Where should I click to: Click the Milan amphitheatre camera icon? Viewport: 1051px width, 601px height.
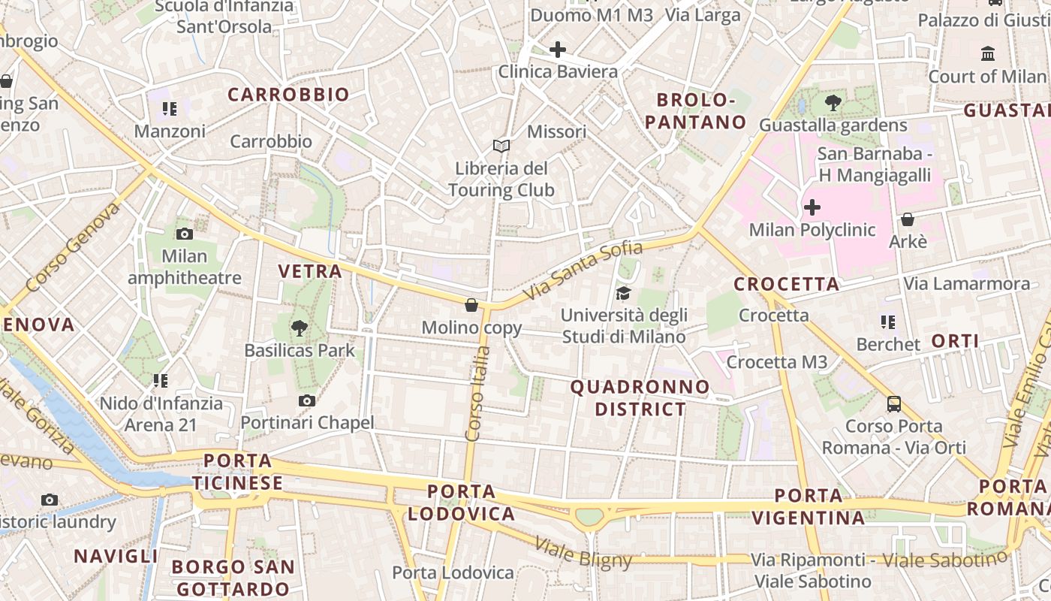[x=184, y=234]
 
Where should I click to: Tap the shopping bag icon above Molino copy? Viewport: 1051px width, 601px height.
[x=471, y=305]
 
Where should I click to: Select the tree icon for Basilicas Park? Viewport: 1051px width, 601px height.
[x=300, y=328]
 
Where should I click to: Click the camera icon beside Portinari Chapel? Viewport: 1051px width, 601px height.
[x=306, y=400]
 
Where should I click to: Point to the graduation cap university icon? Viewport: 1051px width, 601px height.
[x=623, y=293]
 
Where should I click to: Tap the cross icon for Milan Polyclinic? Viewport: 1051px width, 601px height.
[x=812, y=207]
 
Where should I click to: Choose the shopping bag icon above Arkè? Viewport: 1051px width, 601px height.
[x=908, y=219]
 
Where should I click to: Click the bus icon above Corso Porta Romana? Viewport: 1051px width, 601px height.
[x=893, y=403]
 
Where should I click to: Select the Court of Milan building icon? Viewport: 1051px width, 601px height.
[x=987, y=54]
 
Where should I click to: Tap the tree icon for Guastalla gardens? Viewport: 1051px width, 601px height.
[x=833, y=103]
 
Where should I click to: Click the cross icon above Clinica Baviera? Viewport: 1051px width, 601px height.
[x=558, y=50]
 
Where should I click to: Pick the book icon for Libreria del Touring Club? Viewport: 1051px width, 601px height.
[x=501, y=146]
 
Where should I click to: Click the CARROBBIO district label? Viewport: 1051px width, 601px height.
[x=288, y=95]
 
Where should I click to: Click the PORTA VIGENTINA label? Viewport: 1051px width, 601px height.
[x=809, y=506]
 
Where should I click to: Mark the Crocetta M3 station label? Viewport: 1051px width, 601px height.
[x=777, y=362]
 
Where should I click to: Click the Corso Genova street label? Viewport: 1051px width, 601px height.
[x=73, y=247]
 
